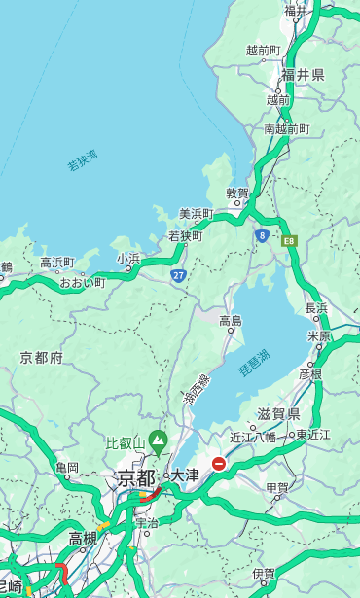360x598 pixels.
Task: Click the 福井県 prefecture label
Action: click(304, 75)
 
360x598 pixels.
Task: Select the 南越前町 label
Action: click(286, 128)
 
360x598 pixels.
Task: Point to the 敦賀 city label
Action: click(237, 193)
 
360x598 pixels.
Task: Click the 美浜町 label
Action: click(196, 214)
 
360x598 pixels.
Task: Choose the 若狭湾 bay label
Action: click(83, 160)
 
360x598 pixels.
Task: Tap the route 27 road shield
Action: click(178, 275)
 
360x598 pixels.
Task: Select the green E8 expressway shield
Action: click(289, 239)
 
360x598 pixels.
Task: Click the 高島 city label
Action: click(231, 321)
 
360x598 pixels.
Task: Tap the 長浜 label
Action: click(317, 308)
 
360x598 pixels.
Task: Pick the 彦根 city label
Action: click(309, 373)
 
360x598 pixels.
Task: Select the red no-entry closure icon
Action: click(220, 464)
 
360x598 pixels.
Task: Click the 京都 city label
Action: click(136, 477)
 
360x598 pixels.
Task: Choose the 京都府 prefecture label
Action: click(42, 358)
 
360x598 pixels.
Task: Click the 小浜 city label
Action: click(128, 259)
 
